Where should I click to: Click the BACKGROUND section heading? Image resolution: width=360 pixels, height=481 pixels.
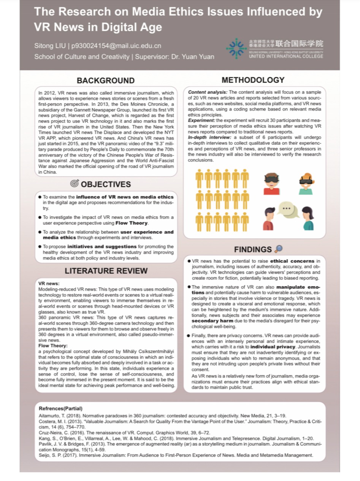click(x=105, y=81)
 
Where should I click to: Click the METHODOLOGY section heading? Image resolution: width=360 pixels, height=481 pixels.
click(x=253, y=80)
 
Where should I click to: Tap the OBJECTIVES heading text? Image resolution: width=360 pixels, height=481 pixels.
click(x=106, y=184)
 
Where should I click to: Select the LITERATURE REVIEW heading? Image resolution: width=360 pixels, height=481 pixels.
click(x=106, y=271)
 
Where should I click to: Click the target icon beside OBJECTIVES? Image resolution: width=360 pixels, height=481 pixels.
click(x=75, y=184)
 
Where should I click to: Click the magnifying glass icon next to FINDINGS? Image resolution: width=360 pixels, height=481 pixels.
click(x=278, y=249)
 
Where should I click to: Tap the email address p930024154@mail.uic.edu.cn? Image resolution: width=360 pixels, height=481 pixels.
click(x=116, y=46)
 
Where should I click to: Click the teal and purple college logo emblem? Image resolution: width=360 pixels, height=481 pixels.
click(x=236, y=48)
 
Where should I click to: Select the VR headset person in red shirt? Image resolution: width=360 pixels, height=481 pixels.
click(x=271, y=183)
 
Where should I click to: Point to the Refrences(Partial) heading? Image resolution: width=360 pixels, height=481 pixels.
click(x=60, y=408)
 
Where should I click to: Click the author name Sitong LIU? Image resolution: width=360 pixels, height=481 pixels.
click(x=49, y=46)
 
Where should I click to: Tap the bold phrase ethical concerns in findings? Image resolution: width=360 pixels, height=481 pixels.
click(x=292, y=261)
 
